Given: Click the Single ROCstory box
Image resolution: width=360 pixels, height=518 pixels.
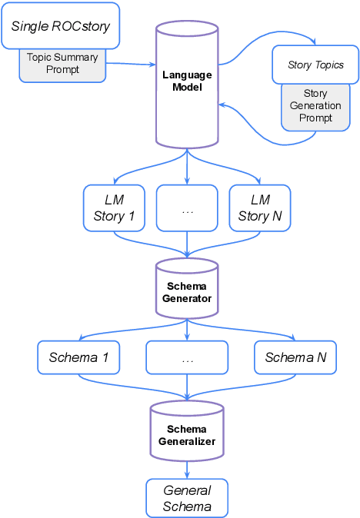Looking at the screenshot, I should pyautogui.click(x=60, y=25).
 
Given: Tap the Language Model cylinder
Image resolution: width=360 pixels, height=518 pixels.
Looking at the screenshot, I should pyautogui.click(x=187, y=85).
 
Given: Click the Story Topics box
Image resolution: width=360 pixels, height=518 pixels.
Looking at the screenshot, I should pyautogui.click(x=315, y=65).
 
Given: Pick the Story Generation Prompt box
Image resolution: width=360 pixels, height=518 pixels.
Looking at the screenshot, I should pyautogui.click(x=315, y=106).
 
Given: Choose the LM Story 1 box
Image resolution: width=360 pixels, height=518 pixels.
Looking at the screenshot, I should pyautogui.click(x=114, y=208).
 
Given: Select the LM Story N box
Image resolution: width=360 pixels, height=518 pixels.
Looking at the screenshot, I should pyautogui.click(x=260, y=208).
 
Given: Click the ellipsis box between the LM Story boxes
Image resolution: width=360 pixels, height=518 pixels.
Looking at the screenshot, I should pyautogui.click(x=187, y=208).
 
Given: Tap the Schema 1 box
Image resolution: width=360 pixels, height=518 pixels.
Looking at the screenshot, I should pyautogui.click(x=78, y=357).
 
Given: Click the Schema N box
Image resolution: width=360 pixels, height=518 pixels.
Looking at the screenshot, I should pyautogui.click(x=295, y=357).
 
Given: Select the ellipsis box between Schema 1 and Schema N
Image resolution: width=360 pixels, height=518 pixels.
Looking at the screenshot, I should pyautogui.click(x=187, y=357).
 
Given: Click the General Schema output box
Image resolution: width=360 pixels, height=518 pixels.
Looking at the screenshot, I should pyautogui.click(x=187, y=499).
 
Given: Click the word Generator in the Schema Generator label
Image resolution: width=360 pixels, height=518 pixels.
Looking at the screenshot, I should pyautogui.click(x=187, y=298).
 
